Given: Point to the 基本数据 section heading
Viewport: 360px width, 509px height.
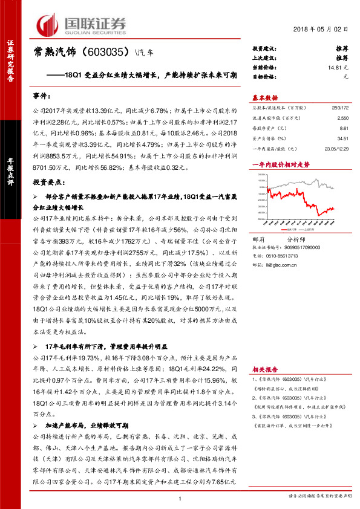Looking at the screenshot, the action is point(265,98).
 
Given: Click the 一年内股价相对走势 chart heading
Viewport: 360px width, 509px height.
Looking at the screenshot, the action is point(280,164).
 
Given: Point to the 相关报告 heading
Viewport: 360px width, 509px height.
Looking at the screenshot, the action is point(265,369).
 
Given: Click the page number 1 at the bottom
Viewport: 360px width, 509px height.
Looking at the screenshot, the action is point(180,498).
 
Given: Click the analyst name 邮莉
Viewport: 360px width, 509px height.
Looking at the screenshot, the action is point(260,239).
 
